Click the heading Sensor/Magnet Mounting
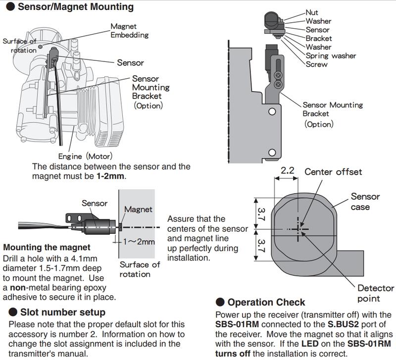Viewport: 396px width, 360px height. (76, 7)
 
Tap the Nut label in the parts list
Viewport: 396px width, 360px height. (312, 12)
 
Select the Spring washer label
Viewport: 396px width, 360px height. (331, 55)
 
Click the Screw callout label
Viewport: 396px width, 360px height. (317, 64)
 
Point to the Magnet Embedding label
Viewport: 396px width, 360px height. (129, 30)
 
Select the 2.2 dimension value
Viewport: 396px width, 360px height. (287, 171)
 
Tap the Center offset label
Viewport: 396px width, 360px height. (333, 172)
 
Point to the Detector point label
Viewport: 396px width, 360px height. (375, 293)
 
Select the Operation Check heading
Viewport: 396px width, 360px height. (266, 302)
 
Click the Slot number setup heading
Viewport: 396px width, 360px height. (62, 312)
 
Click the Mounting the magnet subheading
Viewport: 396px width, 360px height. (47, 247)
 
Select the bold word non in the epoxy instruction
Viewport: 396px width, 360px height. (20, 287)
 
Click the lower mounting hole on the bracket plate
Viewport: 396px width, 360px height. (271, 152)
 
